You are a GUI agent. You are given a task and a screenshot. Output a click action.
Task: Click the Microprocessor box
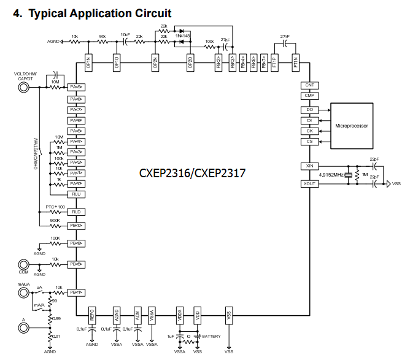click(x=352, y=126)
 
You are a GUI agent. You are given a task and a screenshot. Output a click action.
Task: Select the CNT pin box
click(x=309, y=85)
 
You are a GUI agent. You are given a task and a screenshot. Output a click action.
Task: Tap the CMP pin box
click(x=309, y=96)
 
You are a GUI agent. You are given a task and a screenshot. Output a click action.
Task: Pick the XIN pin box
click(x=309, y=166)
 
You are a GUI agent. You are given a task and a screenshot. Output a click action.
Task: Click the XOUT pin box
click(x=309, y=183)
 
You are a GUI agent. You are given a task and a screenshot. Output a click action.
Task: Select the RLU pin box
click(x=76, y=194)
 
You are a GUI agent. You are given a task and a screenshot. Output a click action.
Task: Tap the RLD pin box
click(x=76, y=212)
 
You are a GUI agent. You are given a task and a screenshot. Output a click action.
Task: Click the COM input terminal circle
click(x=25, y=264)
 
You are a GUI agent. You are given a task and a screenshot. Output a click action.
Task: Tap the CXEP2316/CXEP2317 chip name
click(x=193, y=174)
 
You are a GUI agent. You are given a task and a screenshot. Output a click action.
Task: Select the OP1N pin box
click(x=89, y=62)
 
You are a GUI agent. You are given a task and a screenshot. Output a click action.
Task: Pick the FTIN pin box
click(x=295, y=62)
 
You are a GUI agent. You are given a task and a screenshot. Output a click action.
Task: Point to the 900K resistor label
click(x=55, y=220)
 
